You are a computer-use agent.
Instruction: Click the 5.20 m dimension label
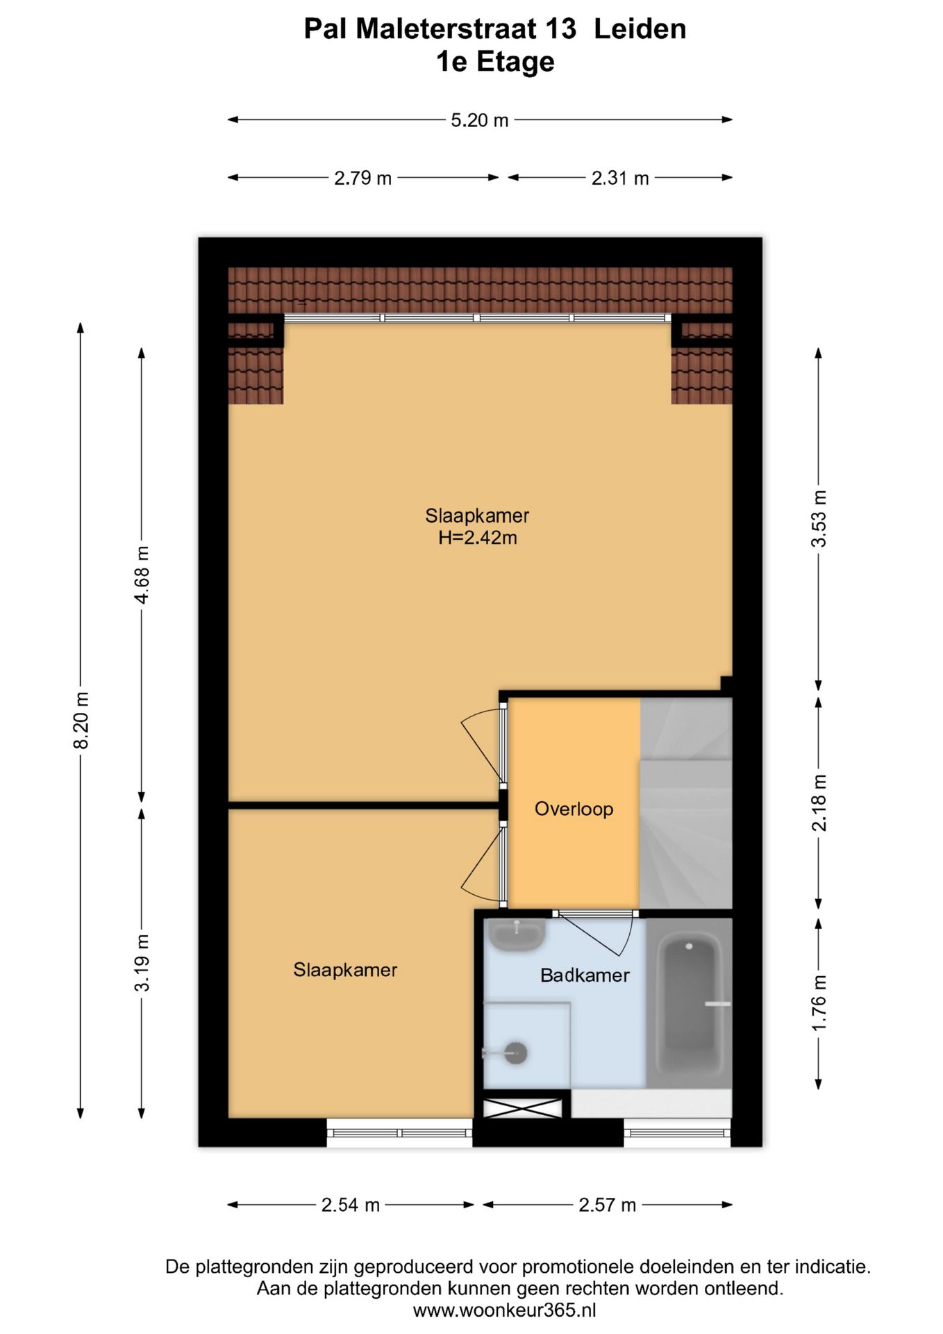point(480,120)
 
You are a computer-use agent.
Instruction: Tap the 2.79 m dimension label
point(363,178)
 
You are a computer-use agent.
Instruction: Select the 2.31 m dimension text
point(620,178)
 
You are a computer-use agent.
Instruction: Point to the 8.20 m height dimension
point(81,720)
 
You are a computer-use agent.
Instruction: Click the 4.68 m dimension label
point(142,575)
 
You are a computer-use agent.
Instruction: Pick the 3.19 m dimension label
point(142,963)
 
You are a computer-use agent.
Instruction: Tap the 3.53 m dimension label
point(819,518)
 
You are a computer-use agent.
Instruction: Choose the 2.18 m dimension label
point(819,803)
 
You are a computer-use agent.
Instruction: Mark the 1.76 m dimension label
point(819,1003)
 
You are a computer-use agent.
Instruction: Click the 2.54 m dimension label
point(351,1205)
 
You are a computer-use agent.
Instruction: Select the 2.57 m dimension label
point(608,1205)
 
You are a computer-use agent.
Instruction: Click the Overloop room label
point(574,809)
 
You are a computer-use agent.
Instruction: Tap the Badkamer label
point(585,975)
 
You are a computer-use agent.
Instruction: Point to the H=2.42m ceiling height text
point(478,538)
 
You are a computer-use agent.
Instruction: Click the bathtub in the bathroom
point(689,1003)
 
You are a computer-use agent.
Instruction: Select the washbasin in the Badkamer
point(516,935)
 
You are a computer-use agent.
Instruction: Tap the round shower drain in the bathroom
point(516,1053)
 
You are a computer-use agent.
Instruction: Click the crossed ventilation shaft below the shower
point(522,1108)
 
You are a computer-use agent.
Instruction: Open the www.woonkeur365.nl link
point(505,1310)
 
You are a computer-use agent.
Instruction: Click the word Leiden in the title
point(640,29)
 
